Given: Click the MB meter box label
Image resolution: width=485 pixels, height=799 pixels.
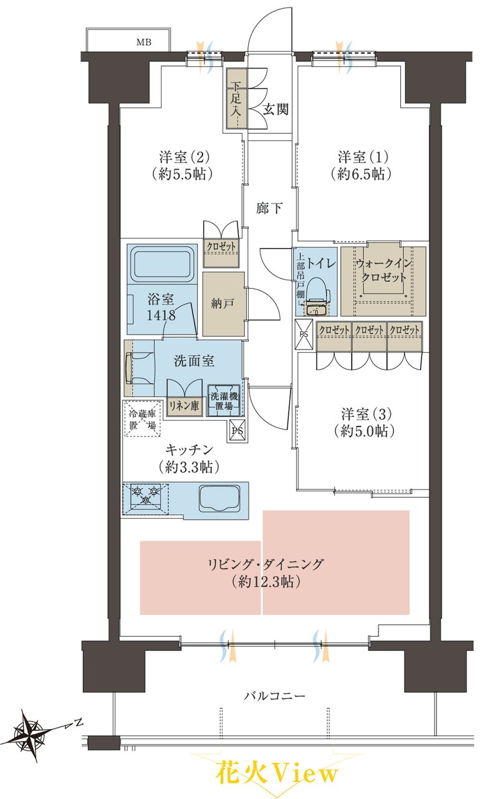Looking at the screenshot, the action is [144, 42].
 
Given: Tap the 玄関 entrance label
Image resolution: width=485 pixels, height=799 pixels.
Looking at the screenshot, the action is [276, 109].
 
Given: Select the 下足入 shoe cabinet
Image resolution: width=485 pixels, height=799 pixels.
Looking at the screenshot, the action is [236, 98].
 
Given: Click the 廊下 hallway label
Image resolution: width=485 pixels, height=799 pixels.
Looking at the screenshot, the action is [269, 208].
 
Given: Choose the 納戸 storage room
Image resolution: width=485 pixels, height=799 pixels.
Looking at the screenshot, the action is [223, 304].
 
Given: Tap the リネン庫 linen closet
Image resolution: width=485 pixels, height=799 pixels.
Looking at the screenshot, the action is [185, 406].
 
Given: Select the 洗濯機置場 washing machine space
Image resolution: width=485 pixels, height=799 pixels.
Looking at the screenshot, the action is [224, 401].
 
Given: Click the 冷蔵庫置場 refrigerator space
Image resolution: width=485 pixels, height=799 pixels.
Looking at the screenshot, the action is [142, 418].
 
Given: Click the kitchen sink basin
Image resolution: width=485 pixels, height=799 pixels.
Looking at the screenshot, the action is [218, 499].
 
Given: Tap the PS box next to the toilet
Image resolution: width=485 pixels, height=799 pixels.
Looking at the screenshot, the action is [304, 335].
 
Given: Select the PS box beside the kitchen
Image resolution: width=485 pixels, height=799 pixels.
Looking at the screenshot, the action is [238, 430].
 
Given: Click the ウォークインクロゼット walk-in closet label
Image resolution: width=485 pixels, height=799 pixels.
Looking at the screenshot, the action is [383, 270].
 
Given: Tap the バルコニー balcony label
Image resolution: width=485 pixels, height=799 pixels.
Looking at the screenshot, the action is [274, 696].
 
